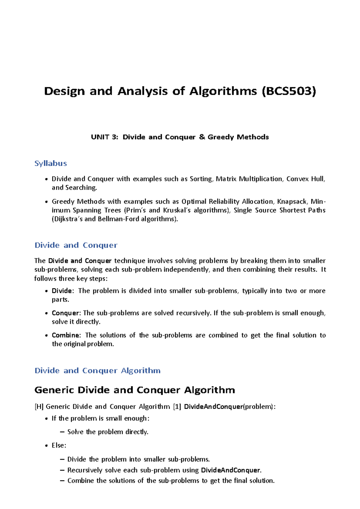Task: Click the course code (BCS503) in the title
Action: (x=289, y=91)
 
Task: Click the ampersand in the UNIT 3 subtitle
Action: (x=202, y=137)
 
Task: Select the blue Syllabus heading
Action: (x=50, y=163)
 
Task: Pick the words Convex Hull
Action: (x=305, y=179)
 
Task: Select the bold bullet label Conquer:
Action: (x=66, y=313)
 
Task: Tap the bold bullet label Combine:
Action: (x=66, y=335)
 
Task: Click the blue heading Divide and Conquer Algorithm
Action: (x=97, y=371)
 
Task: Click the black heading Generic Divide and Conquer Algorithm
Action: (x=135, y=390)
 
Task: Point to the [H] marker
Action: (x=39, y=407)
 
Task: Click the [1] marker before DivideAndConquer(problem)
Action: (x=177, y=407)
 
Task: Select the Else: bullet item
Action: (x=59, y=445)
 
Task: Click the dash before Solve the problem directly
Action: (x=62, y=432)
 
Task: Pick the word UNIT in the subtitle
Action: (x=100, y=137)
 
